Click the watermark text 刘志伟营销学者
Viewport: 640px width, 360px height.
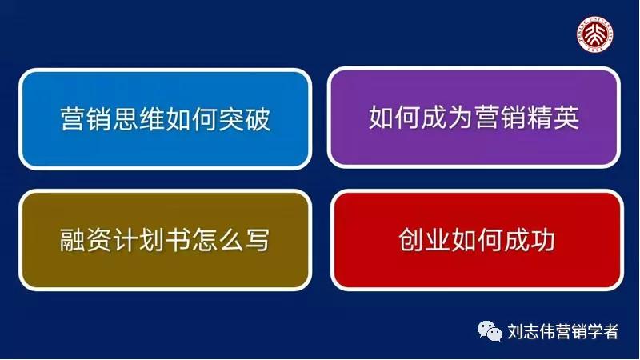pyautogui.click(x=563, y=330)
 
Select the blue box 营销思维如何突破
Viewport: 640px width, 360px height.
pyautogui.click(x=165, y=119)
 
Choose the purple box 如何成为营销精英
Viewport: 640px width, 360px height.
pyautogui.click(x=474, y=118)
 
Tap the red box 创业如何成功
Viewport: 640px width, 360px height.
pyautogui.click(x=476, y=240)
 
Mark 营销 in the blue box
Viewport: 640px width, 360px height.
pyautogui.click(x=86, y=120)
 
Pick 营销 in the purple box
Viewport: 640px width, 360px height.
pyautogui.click(x=500, y=118)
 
